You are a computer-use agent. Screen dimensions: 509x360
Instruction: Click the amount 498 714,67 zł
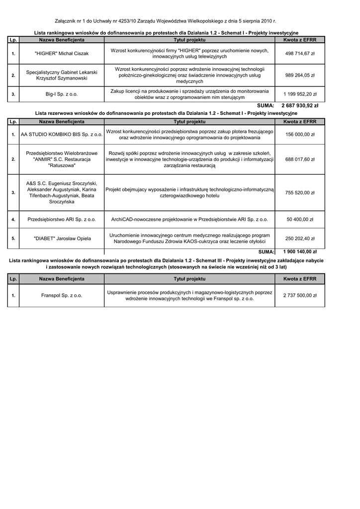(x=300, y=54)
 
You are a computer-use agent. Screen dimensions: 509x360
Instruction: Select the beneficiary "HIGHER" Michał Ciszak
(x=62, y=54)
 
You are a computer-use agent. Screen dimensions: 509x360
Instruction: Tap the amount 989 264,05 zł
(x=300, y=75)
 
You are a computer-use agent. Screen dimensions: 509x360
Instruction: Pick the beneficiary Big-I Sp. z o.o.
(x=62, y=94)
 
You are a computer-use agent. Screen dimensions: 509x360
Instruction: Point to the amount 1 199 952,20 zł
(x=300, y=94)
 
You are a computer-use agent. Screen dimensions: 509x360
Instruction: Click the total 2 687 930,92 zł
(x=300, y=106)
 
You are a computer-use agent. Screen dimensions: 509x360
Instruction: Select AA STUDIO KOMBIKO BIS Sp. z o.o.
(x=62, y=134)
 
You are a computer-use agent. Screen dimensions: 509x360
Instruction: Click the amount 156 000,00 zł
(x=300, y=134)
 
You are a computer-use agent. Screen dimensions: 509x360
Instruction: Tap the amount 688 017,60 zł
(x=300, y=159)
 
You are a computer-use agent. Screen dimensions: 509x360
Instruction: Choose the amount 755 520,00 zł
(x=300, y=193)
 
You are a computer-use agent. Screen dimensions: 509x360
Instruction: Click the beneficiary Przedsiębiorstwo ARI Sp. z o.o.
(x=62, y=219)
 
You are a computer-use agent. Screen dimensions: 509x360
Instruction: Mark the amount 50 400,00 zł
(x=300, y=219)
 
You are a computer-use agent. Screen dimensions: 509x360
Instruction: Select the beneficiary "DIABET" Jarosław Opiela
(x=62, y=239)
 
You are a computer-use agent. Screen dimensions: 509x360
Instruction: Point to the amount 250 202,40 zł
(x=300, y=239)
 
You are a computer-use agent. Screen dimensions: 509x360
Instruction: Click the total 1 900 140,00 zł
(x=300, y=252)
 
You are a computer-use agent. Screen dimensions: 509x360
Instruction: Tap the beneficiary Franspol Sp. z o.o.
(x=62, y=296)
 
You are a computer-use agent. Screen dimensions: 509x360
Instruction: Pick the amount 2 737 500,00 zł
(x=300, y=296)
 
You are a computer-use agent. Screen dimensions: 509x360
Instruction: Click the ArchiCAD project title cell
(x=189, y=219)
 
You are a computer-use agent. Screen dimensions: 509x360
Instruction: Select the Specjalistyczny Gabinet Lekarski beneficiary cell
(x=62, y=75)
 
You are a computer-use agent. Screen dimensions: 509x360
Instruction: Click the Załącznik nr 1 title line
(x=165, y=21)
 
